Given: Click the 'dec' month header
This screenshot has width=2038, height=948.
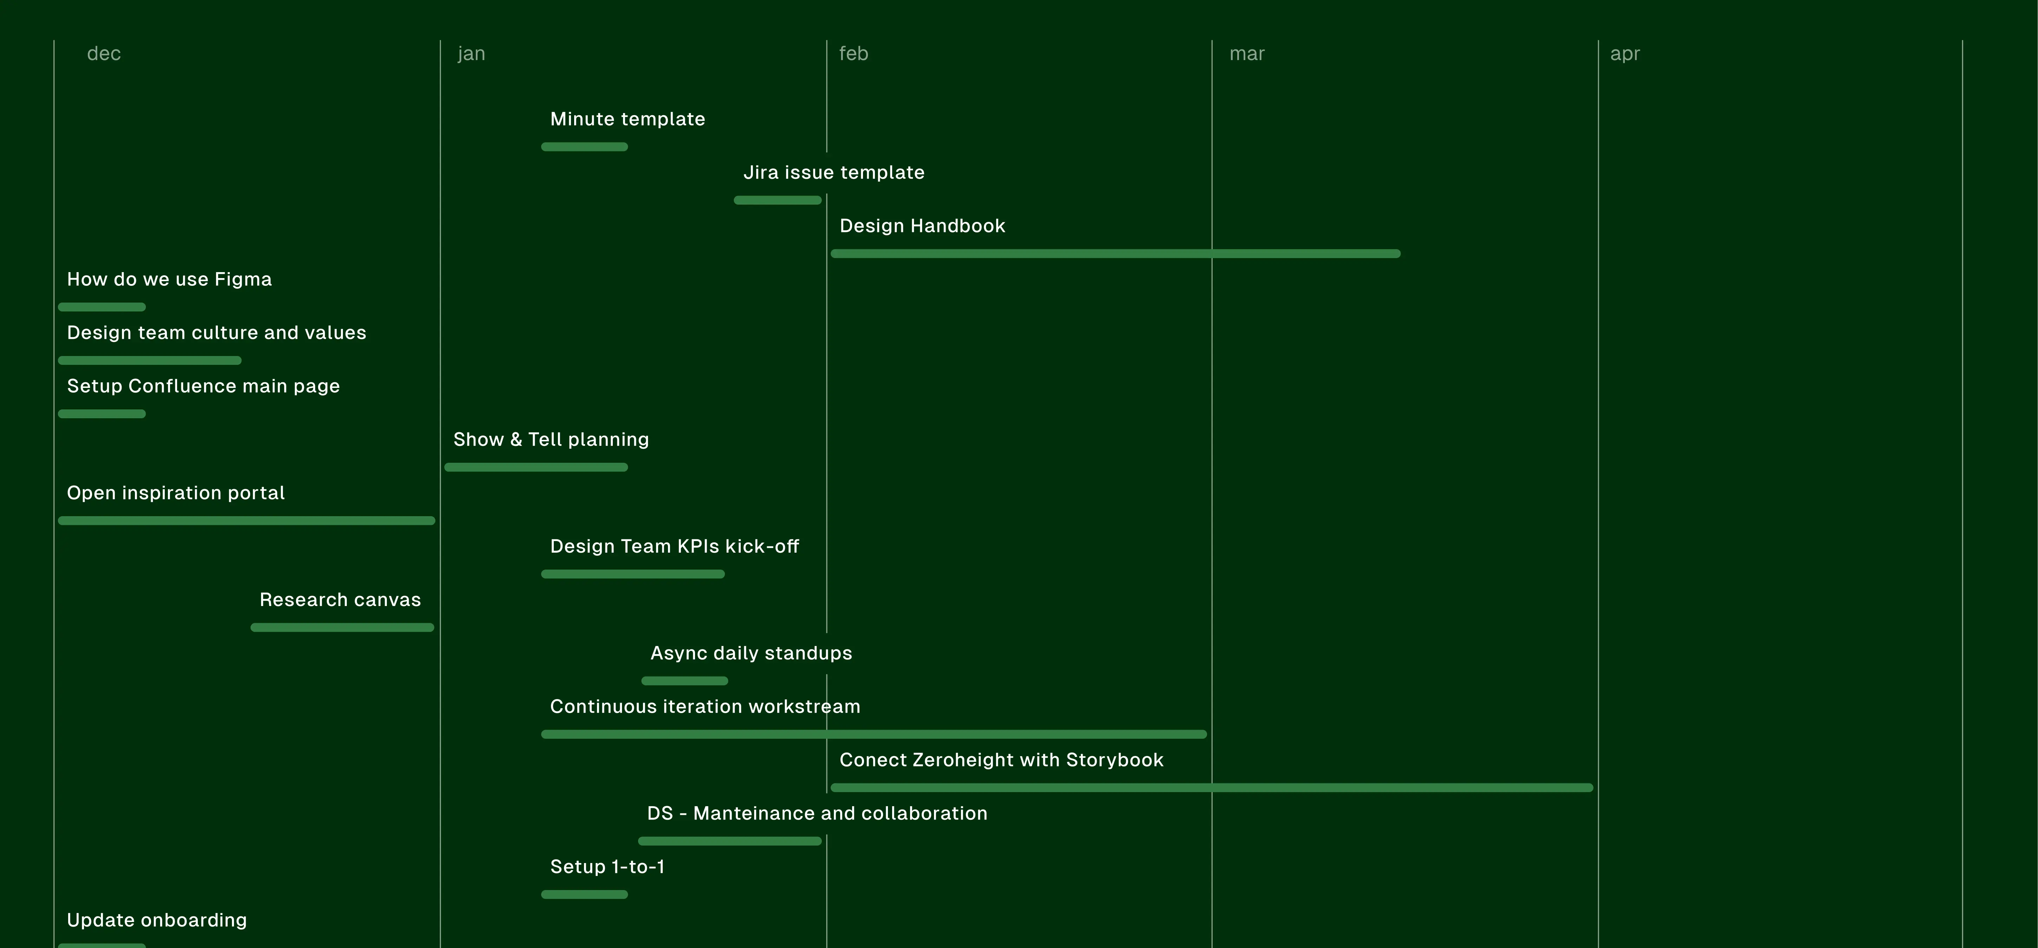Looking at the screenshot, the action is click(x=104, y=54).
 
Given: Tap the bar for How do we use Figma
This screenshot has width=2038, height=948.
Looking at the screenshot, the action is click(x=101, y=307).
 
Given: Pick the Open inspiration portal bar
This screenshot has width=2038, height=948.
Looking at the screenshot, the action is click(x=246, y=520).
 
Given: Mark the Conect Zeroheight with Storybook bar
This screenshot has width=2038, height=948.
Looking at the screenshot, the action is click(x=1211, y=788).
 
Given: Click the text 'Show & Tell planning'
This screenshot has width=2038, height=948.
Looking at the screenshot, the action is click(x=551, y=440).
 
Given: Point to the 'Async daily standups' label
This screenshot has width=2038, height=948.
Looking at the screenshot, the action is click(x=751, y=653).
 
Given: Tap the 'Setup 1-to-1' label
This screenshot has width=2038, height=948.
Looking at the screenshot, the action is click(x=607, y=867).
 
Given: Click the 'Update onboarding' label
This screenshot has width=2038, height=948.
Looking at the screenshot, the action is click(x=157, y=920).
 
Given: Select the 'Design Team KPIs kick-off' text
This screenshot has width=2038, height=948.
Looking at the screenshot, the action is click(x=674, y=546).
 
